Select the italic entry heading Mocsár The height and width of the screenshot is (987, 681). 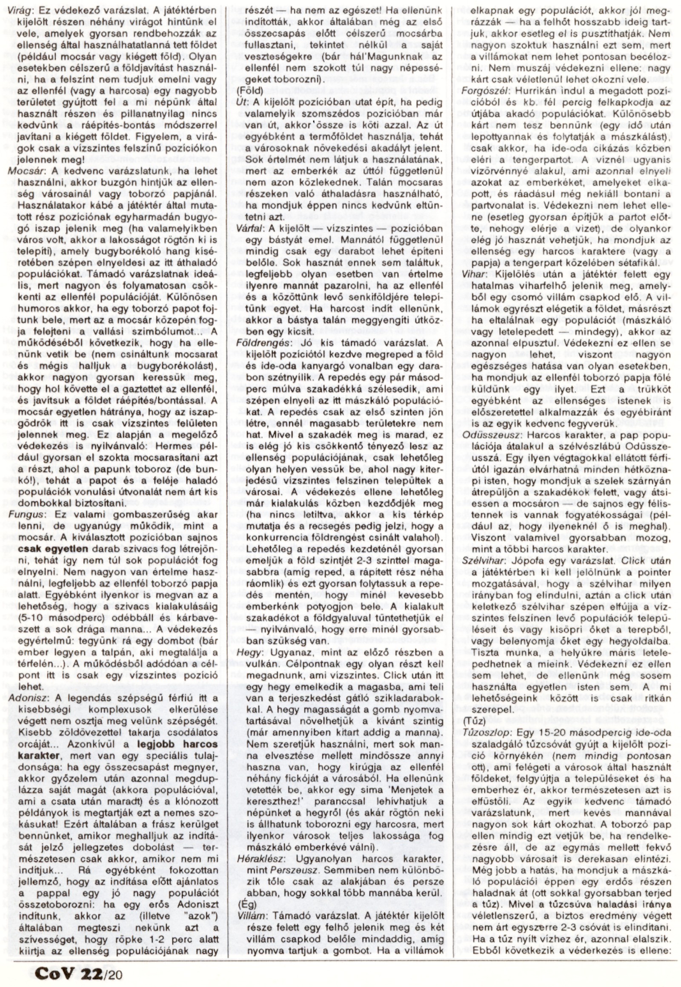click(x=23, y=171)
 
